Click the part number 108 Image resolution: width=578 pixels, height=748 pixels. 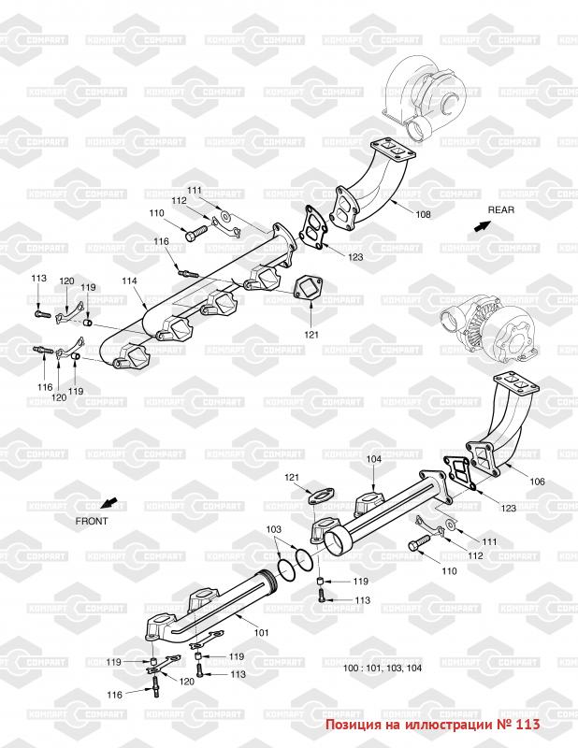tap(424, 215)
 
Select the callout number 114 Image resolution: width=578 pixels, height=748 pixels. tap(129, 280)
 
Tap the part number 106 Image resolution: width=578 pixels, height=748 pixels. tap(537, 482)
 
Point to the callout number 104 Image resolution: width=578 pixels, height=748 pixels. tap(374, 459)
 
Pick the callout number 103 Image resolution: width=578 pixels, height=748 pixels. tap(272, 529)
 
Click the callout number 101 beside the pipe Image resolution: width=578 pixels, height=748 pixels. tap(262, 633)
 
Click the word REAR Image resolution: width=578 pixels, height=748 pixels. tap(501, 210)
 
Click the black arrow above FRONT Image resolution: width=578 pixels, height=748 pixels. tap(109, 502)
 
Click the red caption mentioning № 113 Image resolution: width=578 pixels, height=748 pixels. tap(432, 724)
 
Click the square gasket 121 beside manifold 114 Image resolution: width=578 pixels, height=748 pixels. tap(310, 289)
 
